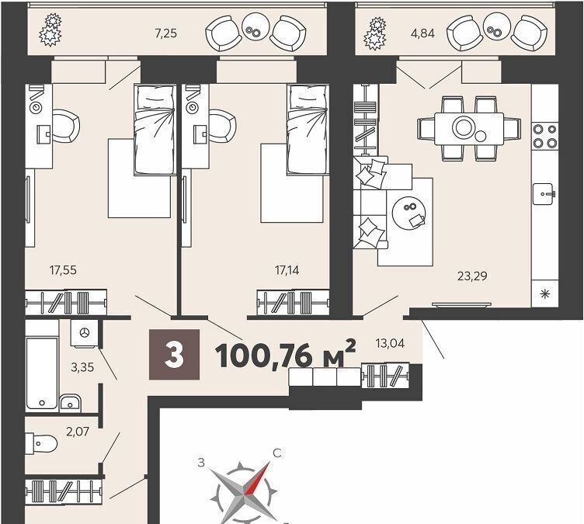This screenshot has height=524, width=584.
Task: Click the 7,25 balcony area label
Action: (x=165, y=34)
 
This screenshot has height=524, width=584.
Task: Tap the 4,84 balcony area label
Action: (x=422, y=34)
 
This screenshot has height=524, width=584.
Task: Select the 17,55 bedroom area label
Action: (x=64, y=269)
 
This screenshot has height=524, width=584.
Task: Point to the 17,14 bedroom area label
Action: (x=287, y=270)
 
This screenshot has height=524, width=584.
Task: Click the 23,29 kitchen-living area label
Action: (x=472, y=276)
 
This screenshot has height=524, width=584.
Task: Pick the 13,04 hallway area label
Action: (x=391, y=343)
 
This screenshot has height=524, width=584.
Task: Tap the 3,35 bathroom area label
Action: (x=82, y=367)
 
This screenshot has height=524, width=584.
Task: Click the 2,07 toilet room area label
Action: (x=78, y=432)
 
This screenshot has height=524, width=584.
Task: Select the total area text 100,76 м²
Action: (x=286, y=355)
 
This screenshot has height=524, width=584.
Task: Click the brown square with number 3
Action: (x=174, y=355)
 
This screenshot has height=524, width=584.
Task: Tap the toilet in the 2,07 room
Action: (x=41, y=443)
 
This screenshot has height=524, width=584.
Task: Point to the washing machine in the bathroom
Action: (x=85, y=332)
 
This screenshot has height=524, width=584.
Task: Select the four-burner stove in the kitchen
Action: (x=545, y=136)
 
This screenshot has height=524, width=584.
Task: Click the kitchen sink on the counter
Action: (x=544, y=193)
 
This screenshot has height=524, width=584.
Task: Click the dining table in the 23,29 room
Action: (x=469, y=129)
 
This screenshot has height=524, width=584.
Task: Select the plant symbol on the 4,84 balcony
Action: (x=375, y=33)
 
